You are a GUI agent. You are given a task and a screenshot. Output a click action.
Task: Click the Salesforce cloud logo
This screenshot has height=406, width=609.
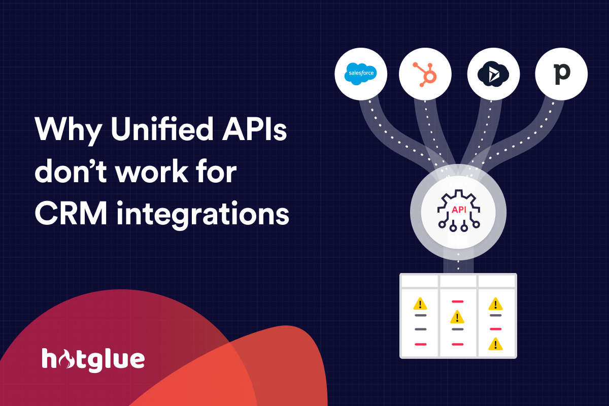tap(361, 74)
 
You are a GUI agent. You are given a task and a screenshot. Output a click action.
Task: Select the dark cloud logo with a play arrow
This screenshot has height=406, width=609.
tap(493, 74)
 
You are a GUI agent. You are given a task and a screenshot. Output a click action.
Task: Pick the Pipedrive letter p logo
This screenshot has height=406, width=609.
tap(561, 74)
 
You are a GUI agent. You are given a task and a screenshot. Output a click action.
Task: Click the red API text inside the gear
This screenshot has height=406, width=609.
tap(459, 210)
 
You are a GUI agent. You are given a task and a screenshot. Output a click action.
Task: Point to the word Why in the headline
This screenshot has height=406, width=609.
tap(68, 130)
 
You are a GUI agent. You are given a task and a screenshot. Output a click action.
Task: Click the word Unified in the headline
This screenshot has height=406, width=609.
tap(162, 128)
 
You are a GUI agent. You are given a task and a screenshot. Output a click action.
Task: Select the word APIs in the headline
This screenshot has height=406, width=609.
tap(254, 129)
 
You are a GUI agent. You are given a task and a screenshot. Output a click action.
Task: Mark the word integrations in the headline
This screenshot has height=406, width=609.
tap(203, 215)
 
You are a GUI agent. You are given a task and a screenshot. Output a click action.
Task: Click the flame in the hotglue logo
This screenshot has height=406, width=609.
tap(66, 359)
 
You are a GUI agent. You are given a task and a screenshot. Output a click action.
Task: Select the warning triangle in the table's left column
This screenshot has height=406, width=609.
tap(420, 304)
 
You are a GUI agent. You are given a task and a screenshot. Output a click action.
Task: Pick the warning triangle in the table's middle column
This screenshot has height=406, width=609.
tap(457, 317)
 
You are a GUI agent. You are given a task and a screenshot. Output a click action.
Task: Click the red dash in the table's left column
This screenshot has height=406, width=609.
tap(421, 344)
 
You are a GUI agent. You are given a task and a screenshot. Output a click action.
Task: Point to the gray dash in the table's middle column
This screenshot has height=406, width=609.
tap(458, 329)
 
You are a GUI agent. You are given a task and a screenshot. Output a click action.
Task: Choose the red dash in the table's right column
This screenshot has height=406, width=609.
tap(496, 329)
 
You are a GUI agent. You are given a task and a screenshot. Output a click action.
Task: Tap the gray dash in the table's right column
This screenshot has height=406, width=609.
tap(496, 316)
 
